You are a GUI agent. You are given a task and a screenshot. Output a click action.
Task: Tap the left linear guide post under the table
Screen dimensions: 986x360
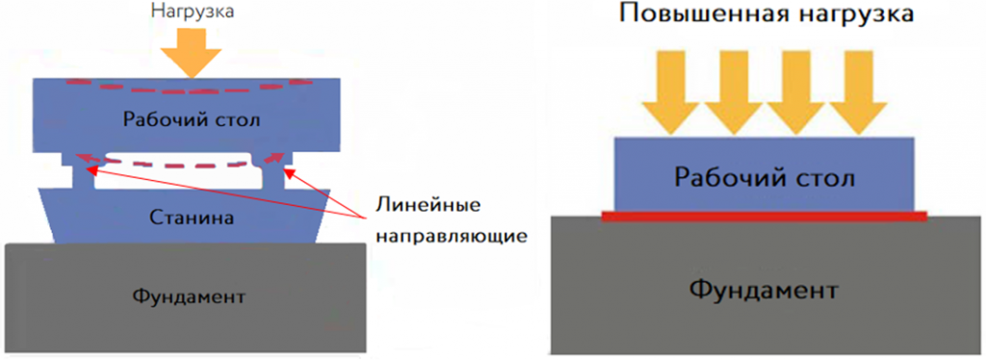click(76, 173)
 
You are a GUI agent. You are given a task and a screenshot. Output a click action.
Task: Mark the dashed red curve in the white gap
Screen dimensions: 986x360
click(173, 166)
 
